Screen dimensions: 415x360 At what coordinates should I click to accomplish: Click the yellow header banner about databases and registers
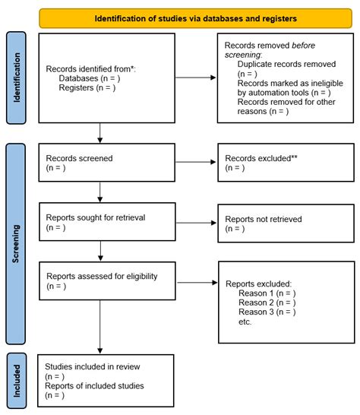[195, 17]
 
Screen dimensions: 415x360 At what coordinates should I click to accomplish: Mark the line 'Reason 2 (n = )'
[267, 302]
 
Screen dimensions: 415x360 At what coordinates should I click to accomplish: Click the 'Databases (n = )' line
[87, 78]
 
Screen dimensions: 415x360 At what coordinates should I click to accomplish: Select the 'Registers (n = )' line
[85, 87]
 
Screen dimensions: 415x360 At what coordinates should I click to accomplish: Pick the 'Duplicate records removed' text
[286, 65]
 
